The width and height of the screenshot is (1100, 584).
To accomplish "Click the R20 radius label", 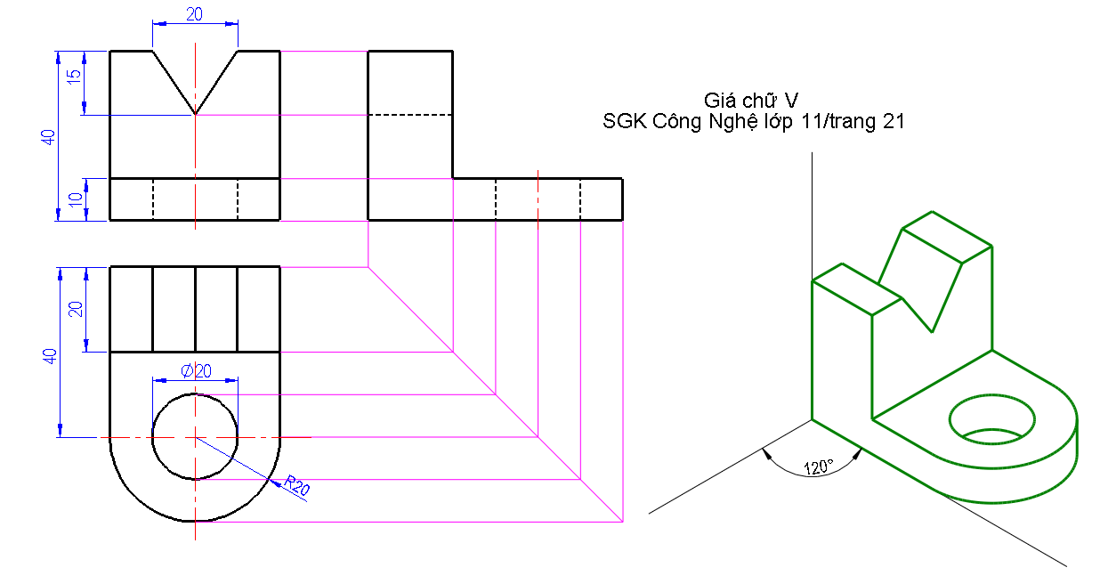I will coord(297,485).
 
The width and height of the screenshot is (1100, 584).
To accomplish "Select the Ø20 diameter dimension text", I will coord(197,371).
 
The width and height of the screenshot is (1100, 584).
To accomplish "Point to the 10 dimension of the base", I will coord(75,199).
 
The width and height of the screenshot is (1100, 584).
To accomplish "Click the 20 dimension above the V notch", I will coord(195,13).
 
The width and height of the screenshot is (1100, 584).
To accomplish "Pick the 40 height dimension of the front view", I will coord(48,136).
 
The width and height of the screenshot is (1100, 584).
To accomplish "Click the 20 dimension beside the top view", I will coord(77,309).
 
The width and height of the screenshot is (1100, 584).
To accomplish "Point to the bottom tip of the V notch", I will coord(196,114).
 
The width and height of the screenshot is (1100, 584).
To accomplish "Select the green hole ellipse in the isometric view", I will coord(993,417).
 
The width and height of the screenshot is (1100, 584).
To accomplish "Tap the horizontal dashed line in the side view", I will coord(410,115).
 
